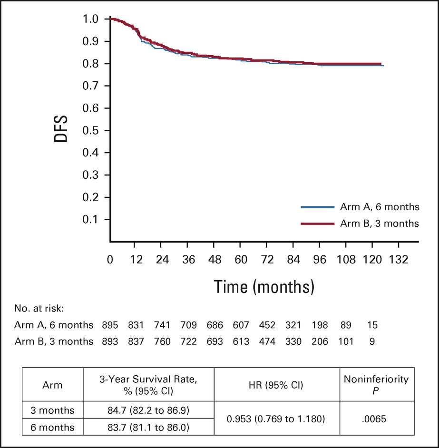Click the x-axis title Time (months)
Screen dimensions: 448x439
coord(264,286)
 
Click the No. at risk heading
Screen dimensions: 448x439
coord(42,308)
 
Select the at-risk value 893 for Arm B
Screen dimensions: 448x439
coord(110,340)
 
